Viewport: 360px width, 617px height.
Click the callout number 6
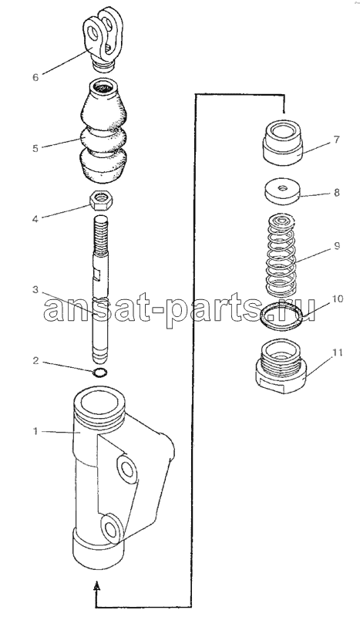tap(35, 76)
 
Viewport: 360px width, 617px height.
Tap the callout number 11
tap(337, 352)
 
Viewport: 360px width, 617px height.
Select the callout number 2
tap(35, 360)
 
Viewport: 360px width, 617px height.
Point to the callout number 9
tap(337, 246)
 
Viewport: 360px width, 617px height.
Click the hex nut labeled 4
tap(102, 201)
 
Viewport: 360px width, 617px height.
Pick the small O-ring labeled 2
tap(101, 372)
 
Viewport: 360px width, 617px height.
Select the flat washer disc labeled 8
tap(281, 193)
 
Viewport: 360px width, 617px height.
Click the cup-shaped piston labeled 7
tap(282, 142)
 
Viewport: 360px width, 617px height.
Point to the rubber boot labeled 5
tap(104, 134)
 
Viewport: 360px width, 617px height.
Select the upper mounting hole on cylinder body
tap(127, 468)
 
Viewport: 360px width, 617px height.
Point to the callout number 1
tap(35, 432)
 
